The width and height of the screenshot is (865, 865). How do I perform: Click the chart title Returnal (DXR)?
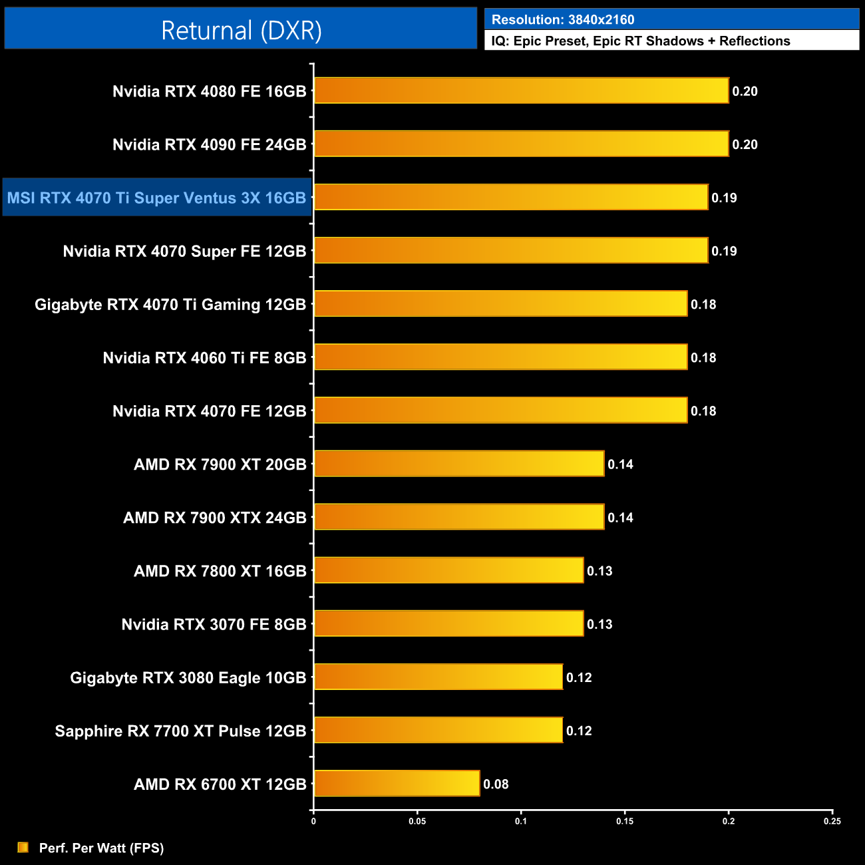(241, 31)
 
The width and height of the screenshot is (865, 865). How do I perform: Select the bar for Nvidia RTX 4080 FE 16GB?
(521, 90)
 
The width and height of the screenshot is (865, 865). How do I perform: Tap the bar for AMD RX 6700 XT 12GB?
(397, 783)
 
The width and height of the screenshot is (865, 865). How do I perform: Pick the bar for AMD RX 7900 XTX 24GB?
(459, 517)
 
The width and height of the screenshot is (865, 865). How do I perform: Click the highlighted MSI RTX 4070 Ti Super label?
(156, 198)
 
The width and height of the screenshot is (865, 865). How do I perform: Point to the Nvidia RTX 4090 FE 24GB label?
(209, 144)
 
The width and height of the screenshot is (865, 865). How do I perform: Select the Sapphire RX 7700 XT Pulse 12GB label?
(180, 731)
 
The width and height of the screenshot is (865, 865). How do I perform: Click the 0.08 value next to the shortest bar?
(496, 784)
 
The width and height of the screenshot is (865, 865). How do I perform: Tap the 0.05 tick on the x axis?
(417, 821)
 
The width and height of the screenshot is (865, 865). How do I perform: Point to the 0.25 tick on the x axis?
(832, 821)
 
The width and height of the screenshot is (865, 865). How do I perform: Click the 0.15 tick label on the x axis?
(625, 821)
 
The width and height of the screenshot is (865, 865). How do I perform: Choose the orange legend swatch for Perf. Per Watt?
(23, 847)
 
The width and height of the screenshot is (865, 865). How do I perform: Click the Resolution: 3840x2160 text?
(563, 20)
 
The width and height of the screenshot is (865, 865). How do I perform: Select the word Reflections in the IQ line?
(755, 41)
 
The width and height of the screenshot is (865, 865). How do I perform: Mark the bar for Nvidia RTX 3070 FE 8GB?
(448, 623)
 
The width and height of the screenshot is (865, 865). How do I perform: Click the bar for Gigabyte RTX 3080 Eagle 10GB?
(438, 677)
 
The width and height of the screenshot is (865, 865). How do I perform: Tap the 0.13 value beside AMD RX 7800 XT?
(600, 571)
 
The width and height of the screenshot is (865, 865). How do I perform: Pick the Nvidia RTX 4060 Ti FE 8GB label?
(204, 358)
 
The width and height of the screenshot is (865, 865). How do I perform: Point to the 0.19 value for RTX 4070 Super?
(724, 251)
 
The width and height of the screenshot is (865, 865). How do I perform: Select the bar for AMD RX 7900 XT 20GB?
(459, 464)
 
